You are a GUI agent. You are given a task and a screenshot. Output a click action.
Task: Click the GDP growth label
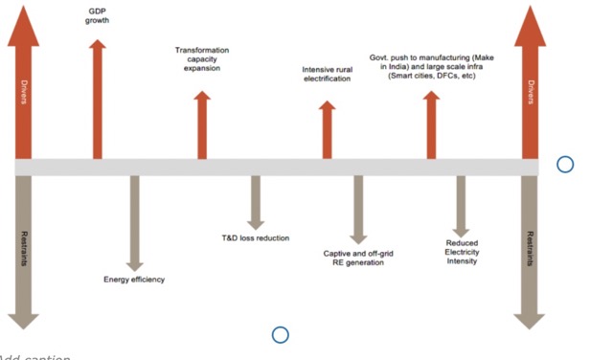97,16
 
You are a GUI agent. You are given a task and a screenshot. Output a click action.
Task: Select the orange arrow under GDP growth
98,100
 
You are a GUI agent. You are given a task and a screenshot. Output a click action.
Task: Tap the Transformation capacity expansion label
202,59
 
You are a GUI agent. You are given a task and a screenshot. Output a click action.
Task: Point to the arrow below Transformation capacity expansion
202,125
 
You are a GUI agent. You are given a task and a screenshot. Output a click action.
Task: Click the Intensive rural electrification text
328,75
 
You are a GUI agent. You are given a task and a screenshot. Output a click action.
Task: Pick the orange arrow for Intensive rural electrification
328,130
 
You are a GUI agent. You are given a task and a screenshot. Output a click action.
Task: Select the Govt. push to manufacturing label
432,66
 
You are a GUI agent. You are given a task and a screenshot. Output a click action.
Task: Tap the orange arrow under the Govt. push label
431,125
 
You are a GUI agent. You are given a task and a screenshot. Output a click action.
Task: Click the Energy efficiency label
134,280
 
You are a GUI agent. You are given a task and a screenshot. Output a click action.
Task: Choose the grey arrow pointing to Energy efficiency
134,223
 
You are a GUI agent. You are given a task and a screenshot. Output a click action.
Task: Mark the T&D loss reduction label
256,238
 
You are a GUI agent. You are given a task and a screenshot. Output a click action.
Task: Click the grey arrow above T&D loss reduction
256,202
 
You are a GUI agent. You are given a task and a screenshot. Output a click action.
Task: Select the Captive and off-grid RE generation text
358,258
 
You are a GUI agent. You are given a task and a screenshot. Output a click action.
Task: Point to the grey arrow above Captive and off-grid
358,210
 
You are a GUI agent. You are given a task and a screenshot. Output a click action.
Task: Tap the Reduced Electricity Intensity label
462,252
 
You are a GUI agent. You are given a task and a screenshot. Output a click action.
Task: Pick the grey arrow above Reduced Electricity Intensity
461,207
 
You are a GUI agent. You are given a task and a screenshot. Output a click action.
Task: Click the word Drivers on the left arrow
24,92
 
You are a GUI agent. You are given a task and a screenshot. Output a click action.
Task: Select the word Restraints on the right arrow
530,249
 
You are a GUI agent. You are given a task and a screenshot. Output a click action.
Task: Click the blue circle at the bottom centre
281,335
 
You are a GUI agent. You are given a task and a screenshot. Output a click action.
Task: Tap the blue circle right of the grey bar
565,165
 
